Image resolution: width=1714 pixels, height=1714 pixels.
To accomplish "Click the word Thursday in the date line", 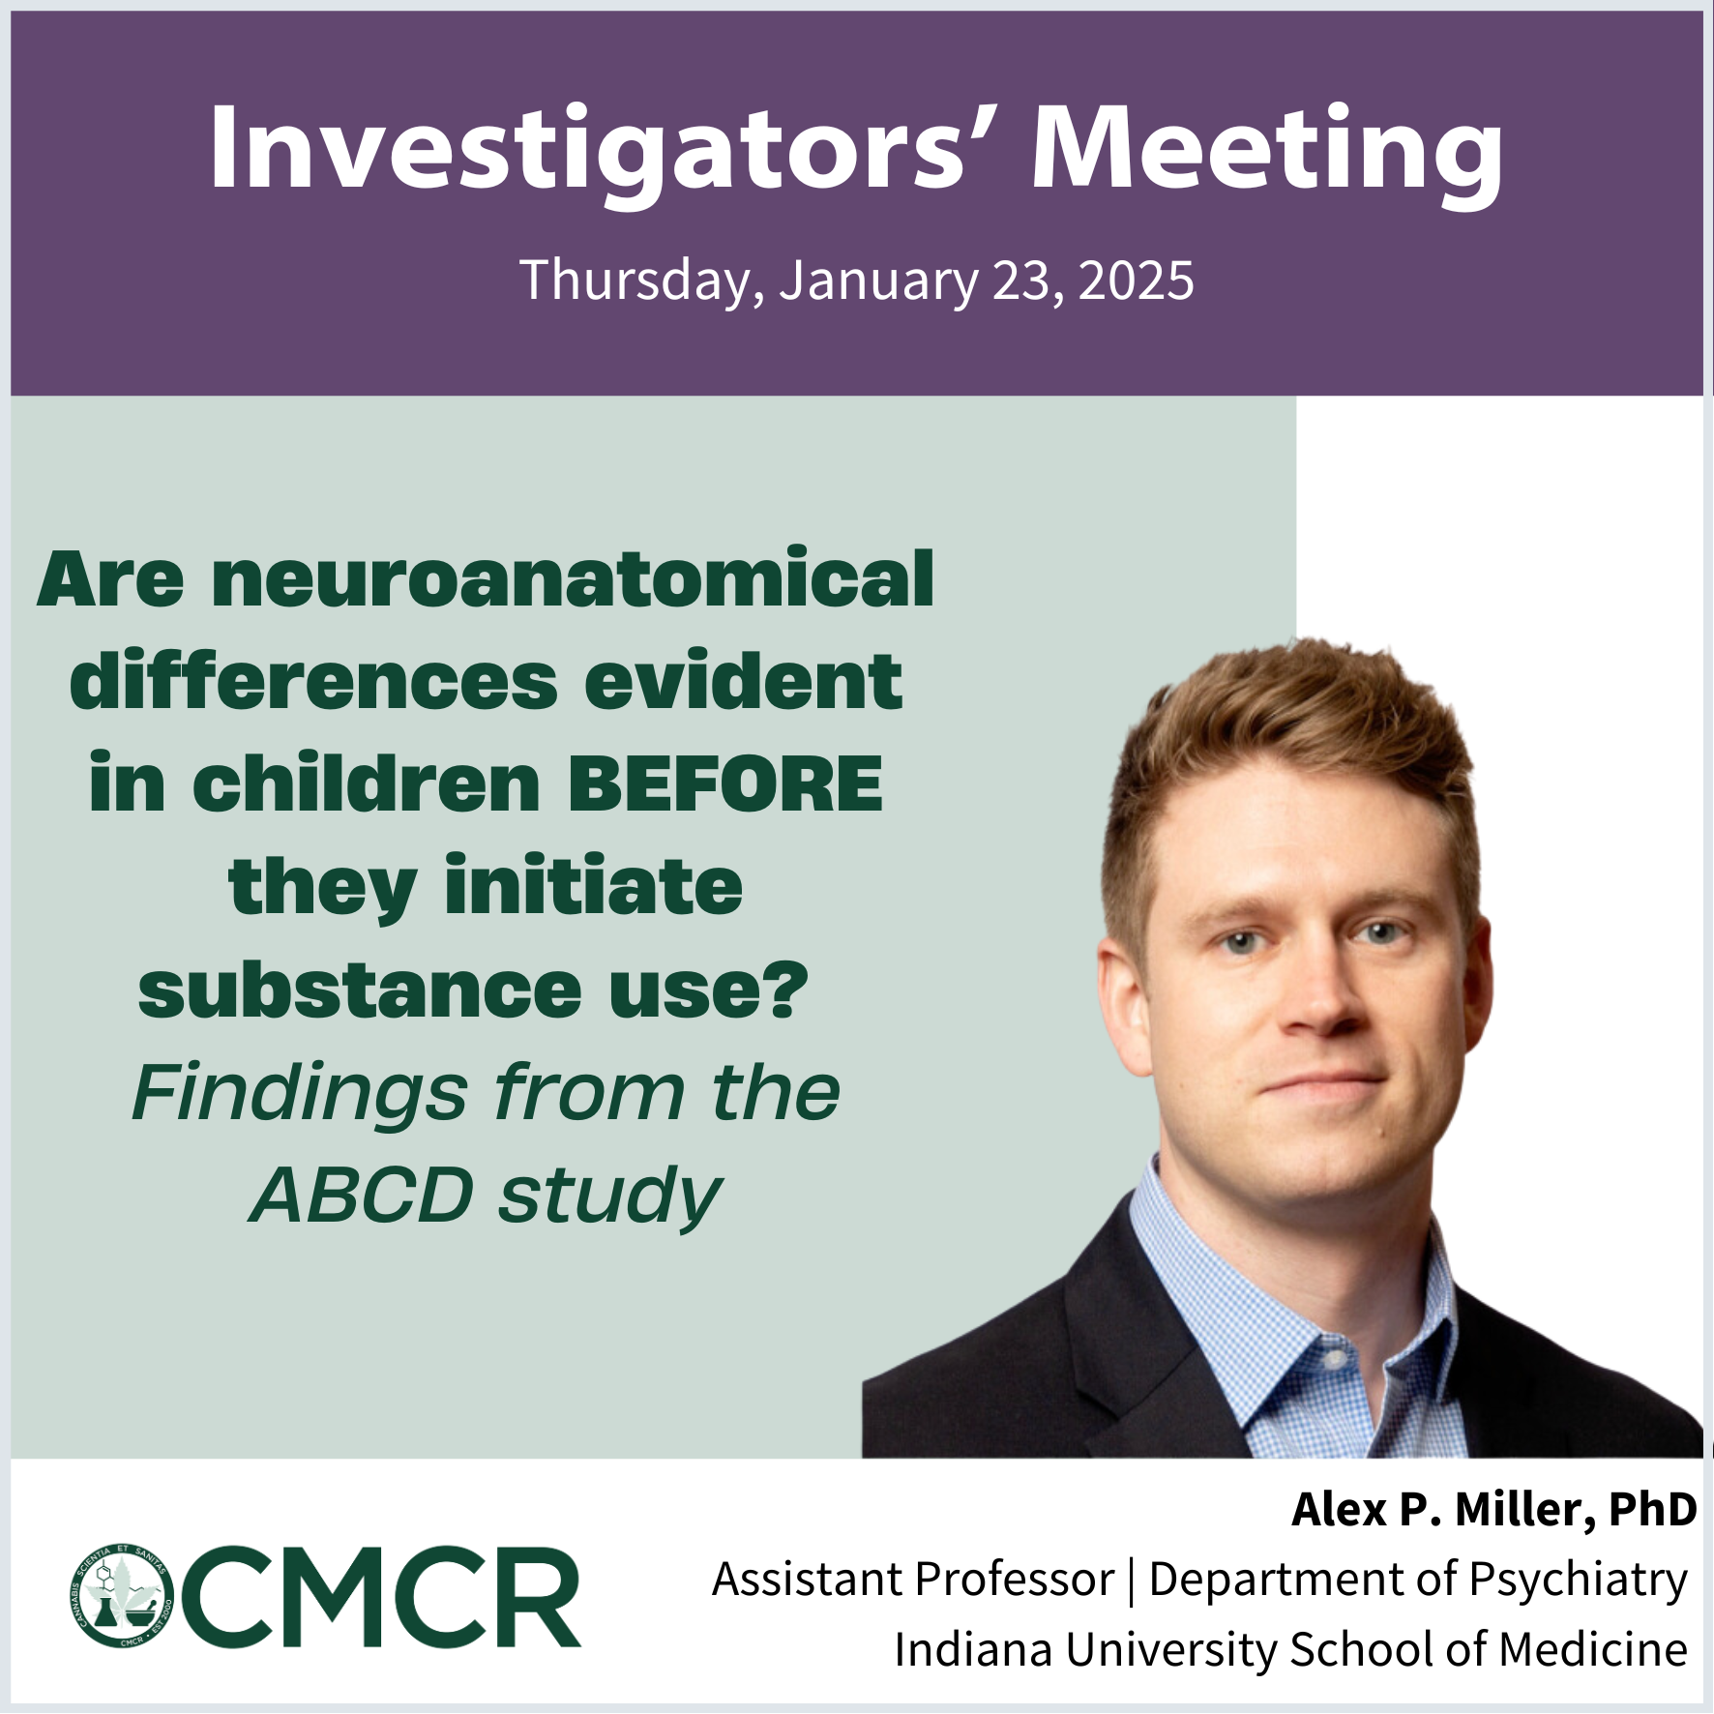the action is click(635, 281).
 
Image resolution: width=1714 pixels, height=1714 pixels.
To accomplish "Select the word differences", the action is click(313, 681).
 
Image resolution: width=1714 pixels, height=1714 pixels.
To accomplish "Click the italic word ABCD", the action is click(362, 1196).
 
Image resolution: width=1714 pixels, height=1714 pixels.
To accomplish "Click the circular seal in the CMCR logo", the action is click(121, 1596).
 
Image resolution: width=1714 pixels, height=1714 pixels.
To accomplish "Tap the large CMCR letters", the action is click(380, 1597).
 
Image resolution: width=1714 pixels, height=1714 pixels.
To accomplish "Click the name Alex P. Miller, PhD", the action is click(1493, 1510).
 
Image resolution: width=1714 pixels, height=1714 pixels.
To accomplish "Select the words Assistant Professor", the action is click(913, 1580).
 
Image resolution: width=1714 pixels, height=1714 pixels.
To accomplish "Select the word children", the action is click(367, 783).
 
